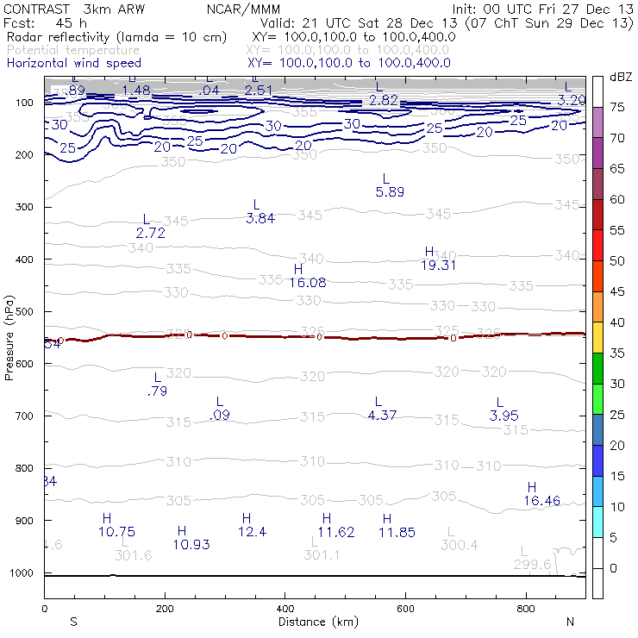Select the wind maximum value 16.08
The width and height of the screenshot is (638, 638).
pos(307,282)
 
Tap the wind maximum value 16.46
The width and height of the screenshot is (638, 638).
pos(541,500)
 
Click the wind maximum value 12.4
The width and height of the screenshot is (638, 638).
pos(252,532)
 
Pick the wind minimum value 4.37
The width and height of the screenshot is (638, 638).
pos(382,416)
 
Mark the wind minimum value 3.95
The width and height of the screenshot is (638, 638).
pos(504,416)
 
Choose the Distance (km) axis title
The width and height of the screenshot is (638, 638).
pos(315,622)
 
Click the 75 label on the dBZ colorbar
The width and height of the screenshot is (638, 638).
pos(617,107)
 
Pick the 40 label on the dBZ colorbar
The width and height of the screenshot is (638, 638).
pos(617,322)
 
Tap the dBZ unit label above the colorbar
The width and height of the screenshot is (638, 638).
pos(620,77)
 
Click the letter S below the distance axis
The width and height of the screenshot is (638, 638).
pos(73,622)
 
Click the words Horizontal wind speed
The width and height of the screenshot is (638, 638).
pos(74,63)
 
